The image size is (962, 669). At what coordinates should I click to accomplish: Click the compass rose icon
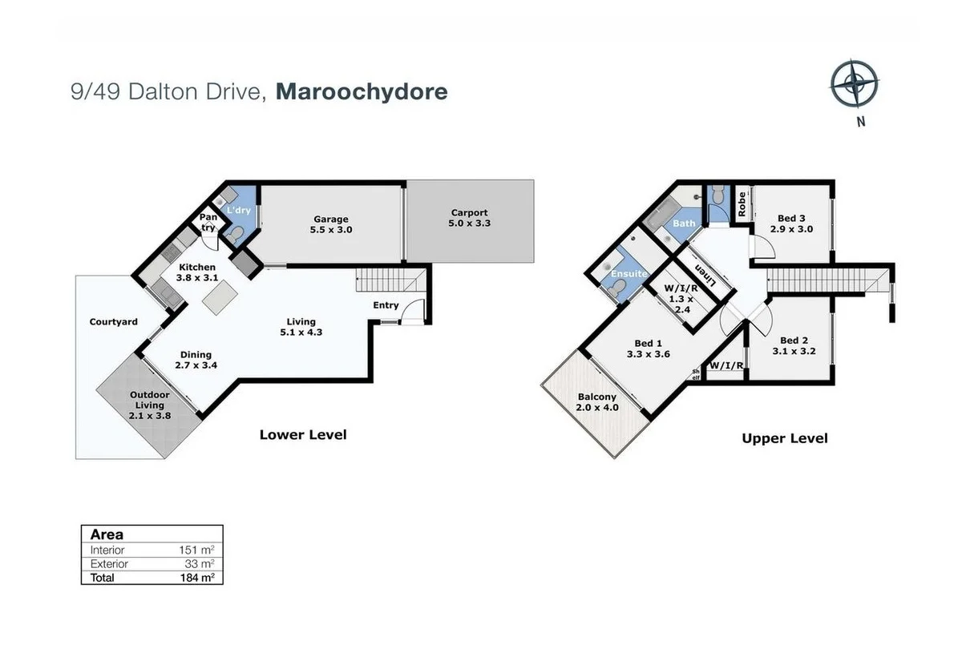(854, 84)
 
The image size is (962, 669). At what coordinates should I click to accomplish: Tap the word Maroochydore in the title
(361, 92)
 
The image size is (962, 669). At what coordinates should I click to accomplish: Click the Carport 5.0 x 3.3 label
(469, 218)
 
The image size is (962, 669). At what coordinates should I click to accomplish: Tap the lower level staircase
(390, 281)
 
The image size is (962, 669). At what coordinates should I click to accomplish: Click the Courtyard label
(113, 322)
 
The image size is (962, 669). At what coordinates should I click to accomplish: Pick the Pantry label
(208, 222)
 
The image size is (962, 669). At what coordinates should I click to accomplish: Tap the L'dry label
(238, 210)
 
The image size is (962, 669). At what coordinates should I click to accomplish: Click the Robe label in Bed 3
(742, 204)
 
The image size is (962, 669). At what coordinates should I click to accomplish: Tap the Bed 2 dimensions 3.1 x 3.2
(794, 351)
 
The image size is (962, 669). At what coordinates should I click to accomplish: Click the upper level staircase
(826, 280)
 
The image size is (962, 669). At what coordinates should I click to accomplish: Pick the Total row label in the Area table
(103, 578)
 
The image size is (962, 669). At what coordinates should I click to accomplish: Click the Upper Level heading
(784, 438)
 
